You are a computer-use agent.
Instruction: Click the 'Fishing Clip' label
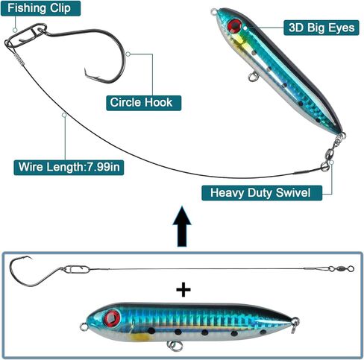click(40, 8)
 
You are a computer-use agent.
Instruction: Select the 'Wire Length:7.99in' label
click(69, 167)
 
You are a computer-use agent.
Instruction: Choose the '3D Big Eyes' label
click(321, 28)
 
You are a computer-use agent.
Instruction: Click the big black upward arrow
click(182, 226)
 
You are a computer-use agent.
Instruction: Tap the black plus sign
click(183, 290)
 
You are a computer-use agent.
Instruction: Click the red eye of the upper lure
click(234, 26)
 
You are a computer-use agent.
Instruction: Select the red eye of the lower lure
click(112, 318)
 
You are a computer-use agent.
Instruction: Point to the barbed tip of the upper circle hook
click(86, 69)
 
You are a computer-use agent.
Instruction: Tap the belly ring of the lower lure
click(175, 346)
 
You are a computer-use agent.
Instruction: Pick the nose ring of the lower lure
click(84, 326)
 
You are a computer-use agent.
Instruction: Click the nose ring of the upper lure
click(214, 11)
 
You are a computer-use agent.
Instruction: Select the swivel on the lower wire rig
click(341, 268)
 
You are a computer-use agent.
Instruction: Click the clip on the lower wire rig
click(75, 269)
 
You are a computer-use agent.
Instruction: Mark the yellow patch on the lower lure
click(140, 337)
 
